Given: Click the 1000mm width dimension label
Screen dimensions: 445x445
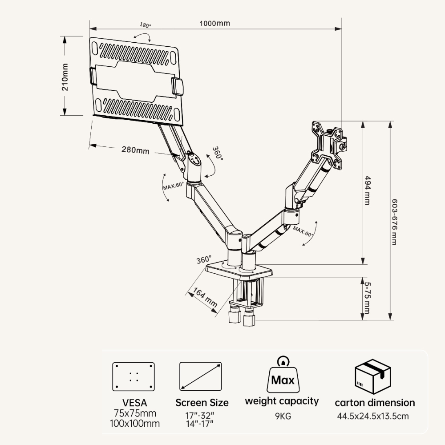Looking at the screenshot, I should pos(215,23).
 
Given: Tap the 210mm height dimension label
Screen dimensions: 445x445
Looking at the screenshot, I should pos(65,77).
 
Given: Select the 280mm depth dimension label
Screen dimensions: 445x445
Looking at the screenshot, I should pos(136,150).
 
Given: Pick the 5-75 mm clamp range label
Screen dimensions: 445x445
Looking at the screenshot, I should pos(367,297).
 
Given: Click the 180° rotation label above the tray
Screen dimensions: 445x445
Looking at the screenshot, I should pos(146,25).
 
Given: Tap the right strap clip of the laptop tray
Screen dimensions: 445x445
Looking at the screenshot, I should pos(178,86).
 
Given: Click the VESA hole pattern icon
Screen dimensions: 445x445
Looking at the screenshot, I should pos(133,376).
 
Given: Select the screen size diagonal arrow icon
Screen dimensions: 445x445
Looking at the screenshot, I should pos(201,376).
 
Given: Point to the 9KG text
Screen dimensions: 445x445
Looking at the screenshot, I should pos(282,417).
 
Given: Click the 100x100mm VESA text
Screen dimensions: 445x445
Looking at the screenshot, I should pos(135,424).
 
